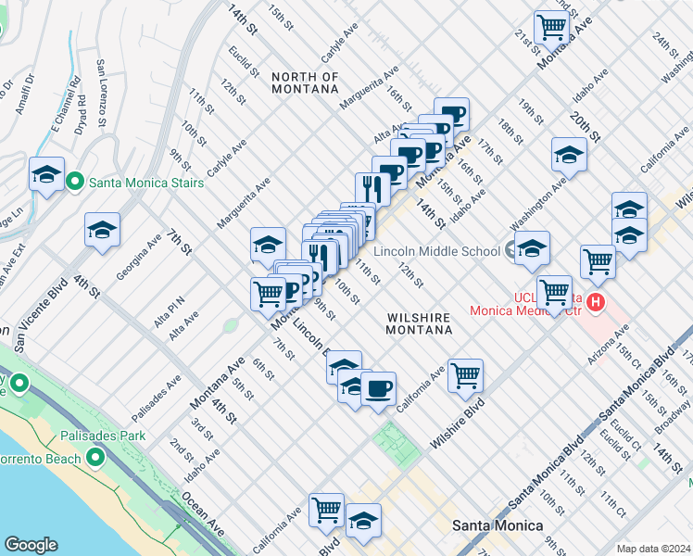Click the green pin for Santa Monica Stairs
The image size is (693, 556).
click(x=75, y=182)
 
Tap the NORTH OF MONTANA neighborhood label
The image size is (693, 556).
click(x=305, y=82)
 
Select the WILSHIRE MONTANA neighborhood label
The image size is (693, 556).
click(x=418, y=323)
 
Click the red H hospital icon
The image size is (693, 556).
click(x=598, y=301)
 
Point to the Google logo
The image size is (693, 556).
click(x=31, y=545)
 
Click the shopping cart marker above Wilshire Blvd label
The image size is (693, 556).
click(x=465, y=374)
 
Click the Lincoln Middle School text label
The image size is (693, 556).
click(x=436, y=250)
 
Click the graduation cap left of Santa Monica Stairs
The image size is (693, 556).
click(x=46, y=174)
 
